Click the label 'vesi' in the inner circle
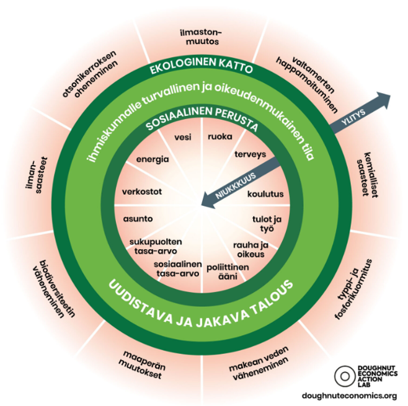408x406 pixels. (x=183, y=137)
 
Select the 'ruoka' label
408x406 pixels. (x=220, y=136)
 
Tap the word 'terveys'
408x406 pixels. (x=251, y=154)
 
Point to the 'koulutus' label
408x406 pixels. (x=265, y=194)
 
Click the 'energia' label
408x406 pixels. (x=153, y=159)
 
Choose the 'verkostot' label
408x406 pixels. (x=142, y=192)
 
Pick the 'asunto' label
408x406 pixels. (x=138, y=219)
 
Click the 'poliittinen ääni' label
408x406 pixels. (x=228, y=271)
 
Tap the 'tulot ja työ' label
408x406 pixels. (x=267, y=224)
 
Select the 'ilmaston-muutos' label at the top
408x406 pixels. (x=201, y=37)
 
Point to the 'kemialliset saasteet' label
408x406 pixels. (x=367, y=175)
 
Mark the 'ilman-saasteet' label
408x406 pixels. (x=37, y=175)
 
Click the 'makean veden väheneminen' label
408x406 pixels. (x=259, y=363)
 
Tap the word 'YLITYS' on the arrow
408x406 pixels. (x=353, y=117)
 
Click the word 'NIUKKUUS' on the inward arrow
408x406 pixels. (x=236, y=186)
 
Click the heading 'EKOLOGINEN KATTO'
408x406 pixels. (x=201, y=65)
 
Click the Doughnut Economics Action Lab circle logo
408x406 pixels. (x=345, y=376)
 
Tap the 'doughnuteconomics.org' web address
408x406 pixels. (x=350, y=396)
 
